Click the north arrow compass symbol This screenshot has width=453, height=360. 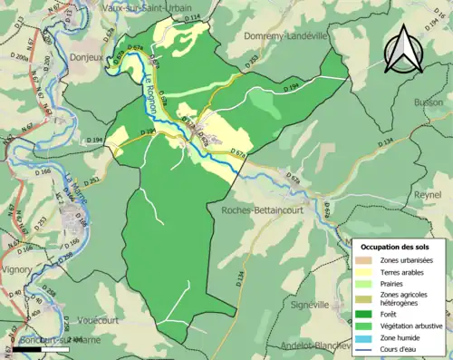(405, 49)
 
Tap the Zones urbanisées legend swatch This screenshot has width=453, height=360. (368, 259)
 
